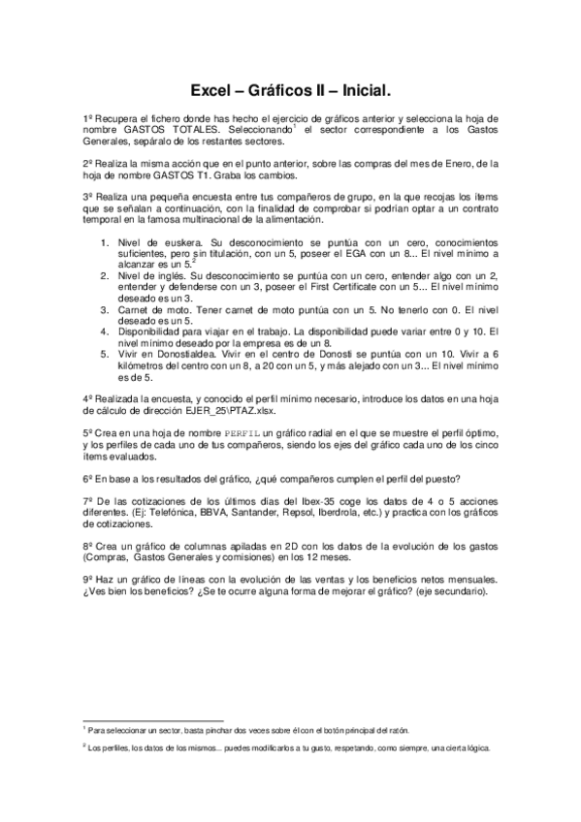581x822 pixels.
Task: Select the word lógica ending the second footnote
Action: point(477,748)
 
